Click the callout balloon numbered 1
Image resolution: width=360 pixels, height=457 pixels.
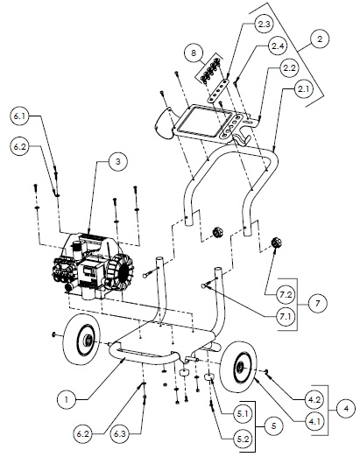coord(67,399)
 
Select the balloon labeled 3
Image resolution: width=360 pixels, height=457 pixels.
coord(117,161)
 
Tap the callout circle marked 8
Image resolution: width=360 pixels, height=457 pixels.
coord(194,53)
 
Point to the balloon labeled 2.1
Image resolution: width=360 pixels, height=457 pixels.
coord(303,89)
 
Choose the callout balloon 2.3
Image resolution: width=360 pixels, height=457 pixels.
coord(264,25)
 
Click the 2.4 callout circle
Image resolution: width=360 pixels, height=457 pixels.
coord(278,46)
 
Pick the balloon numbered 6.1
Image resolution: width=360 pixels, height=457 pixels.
coord(19,116)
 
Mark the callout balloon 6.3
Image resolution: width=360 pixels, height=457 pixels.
coord(120,434)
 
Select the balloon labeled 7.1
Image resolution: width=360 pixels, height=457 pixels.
coord(286,316)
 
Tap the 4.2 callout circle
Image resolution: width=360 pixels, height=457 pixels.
coord(314,399)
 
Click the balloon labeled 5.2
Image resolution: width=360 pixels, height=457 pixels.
coord(243,439)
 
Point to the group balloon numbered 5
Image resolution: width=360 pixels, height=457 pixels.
coord(273,425)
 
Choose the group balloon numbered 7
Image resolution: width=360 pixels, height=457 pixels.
coord(318,304)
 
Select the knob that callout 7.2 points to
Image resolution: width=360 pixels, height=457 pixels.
coord(276,243)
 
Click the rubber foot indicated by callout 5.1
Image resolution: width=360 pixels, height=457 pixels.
coord(212,376)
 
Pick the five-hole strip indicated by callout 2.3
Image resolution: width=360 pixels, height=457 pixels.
coord(218,90)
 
